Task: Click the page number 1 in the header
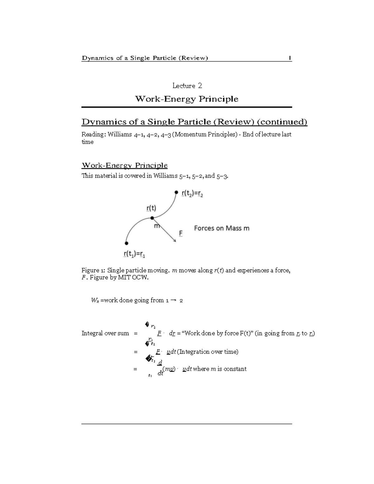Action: [x=290, y=58]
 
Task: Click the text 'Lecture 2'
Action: [x=187, y=86]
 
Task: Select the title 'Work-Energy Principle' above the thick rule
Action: [x=186, y=99]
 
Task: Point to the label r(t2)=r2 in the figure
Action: [x=192, y=194]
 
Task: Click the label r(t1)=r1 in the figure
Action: [x=135, y=254]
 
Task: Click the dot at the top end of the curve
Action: [x=176, y=193]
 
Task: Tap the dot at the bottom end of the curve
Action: [x=126, y=243]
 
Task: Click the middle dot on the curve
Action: [x=152, y=218]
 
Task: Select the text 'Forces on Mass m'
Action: [x=222, y=228]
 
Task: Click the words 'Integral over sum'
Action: [x=105, y=333]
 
